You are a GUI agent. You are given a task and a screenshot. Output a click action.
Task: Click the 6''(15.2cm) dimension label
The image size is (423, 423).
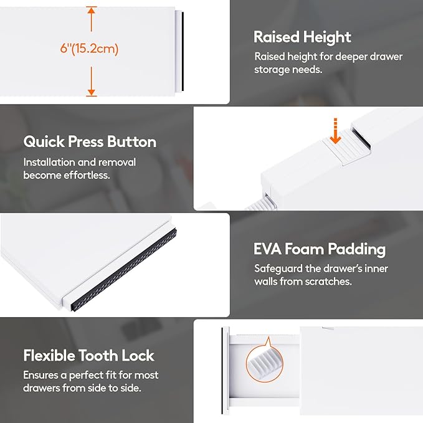click(x=89, y=49)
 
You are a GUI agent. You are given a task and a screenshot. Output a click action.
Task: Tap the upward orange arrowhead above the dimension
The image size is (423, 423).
click(x=92, y=10)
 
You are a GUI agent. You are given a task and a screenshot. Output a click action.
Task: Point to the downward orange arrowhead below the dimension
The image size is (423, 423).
click(x=92, y=92)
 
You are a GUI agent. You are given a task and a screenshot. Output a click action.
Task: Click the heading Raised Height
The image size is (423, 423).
click(x=302, y=37)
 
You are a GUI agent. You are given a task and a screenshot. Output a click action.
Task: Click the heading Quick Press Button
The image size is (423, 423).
click(x=90, y=141)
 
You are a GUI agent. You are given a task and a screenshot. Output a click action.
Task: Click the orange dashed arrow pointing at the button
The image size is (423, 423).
click(x=335, y=131)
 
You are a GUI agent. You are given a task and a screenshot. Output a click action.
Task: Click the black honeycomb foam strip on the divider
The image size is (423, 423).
click(x=123, y=269)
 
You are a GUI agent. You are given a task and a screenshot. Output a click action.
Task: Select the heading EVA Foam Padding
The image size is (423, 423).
click(x=320, y=249)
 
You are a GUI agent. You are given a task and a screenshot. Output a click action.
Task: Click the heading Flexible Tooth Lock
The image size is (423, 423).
click(x=88, y=355)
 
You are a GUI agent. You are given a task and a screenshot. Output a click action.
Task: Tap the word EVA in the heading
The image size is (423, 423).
click(x=267, y=249)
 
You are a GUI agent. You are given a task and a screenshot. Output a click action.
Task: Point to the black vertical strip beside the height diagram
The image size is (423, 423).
click(x=183, y=51)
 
